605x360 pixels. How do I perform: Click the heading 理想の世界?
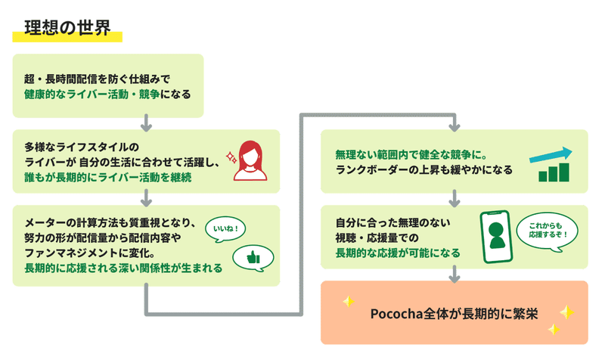pos(67,28)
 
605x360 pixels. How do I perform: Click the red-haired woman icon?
pos(250,160)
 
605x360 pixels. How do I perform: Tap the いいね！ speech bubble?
pos(225,229)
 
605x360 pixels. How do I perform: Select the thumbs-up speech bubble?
pos(253,258)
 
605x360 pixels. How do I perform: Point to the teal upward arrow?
pos(551,155)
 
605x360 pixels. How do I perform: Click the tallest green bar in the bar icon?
pos(564,172)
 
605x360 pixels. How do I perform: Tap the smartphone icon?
pos(496,237)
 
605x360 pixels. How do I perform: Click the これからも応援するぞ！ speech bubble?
pos(548,231)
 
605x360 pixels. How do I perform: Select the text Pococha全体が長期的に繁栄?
pos(455,314)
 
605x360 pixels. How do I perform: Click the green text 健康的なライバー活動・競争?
pos(92,95)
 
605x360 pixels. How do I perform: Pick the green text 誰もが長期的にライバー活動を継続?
pos(108,178)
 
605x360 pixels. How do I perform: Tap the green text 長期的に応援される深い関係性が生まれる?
pos(123,268)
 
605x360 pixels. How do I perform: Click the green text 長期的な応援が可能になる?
pos(398,253)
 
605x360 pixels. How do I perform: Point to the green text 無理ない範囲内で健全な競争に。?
pos(411,155)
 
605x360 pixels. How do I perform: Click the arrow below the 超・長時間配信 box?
pos(146,123)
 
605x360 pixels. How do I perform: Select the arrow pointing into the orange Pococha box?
pos(455,274)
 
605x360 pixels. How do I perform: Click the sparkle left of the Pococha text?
pos(349,301)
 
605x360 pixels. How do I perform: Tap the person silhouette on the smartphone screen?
pos(496,235)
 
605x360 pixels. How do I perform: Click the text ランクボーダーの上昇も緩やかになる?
pos(424,170)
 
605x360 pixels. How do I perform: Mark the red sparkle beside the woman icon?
pos(231,158)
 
